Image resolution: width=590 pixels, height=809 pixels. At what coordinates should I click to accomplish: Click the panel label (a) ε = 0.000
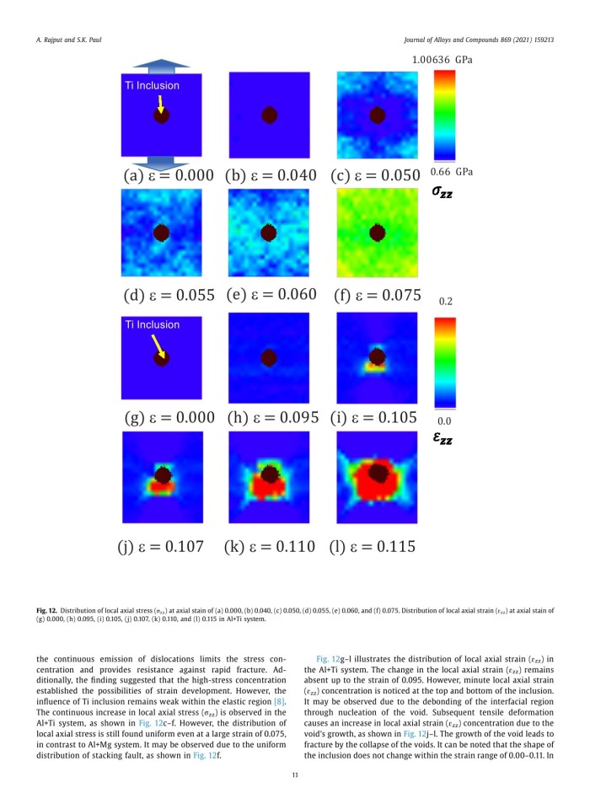tap(167, 176)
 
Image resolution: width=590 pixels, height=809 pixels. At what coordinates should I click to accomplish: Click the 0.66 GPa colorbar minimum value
tap(453, 172)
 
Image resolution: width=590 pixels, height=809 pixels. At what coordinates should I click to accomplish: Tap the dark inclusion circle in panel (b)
tap(269, 115)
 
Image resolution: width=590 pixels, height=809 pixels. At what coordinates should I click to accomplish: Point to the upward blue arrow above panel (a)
tap(162, 65)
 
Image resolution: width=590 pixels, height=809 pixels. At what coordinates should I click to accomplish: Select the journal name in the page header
tap(480, 40)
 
